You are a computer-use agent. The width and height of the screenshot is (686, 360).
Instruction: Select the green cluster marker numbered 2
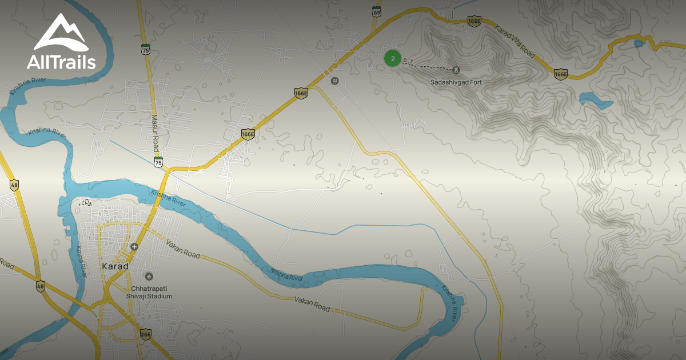392,58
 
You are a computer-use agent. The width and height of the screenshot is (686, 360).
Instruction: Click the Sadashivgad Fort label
456,82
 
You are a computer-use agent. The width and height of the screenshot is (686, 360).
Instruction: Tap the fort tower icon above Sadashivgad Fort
456,70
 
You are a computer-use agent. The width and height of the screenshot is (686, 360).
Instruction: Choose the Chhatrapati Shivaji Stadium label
150,292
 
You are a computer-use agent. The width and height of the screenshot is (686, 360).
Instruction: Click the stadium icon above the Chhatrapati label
149,277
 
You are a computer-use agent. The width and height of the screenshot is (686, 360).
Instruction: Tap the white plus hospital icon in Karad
134,246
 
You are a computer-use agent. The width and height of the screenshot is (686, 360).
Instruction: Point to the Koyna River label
81,260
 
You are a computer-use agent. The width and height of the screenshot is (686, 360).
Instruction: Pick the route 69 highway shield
376,11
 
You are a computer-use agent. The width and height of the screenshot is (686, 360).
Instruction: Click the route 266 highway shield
145,333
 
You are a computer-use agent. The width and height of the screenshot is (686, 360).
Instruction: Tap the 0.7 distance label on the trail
408,61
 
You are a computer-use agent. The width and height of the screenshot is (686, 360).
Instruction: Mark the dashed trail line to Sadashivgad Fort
429,66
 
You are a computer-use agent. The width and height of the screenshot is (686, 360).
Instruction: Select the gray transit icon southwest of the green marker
335,80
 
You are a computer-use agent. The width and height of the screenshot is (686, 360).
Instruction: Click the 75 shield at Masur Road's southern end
158,162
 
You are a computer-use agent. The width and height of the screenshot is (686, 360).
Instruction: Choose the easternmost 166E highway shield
560,74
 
